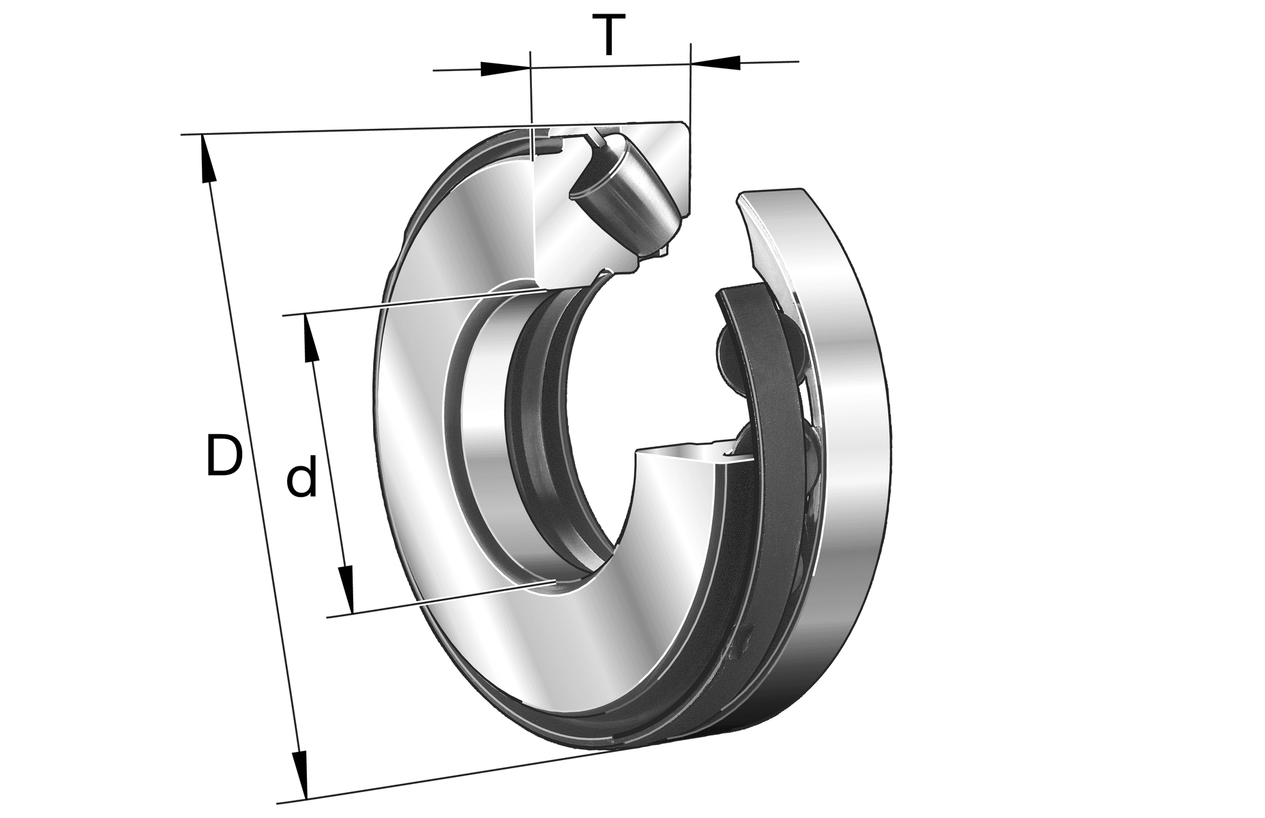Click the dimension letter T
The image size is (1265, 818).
609,36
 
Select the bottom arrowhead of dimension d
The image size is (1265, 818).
347,590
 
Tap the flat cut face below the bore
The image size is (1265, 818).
682,456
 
